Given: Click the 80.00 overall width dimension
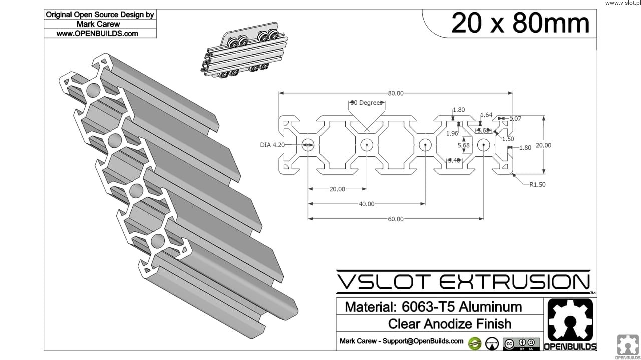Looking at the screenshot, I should point(396,93).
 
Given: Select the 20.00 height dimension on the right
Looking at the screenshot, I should point(543,145).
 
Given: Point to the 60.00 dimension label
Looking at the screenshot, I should point(396,219).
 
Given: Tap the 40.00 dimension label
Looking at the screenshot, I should point(367,204).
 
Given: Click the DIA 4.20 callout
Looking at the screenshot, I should point(272,145).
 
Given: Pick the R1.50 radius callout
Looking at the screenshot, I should point(537,184).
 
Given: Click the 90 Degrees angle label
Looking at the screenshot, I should point(367,103).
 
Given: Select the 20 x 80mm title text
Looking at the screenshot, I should point(520,23).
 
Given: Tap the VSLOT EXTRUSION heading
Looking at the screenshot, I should point(463,282).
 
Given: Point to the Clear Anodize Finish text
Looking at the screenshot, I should point(450,324).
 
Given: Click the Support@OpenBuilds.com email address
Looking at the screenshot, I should point(423,341).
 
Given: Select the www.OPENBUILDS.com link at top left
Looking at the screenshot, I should point(97,34).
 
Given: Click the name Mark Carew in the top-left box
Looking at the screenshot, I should point(98,24).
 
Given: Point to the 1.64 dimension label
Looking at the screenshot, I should point(486,115).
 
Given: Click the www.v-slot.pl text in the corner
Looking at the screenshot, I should point(622,3).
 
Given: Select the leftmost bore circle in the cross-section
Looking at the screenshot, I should point(308,145).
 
